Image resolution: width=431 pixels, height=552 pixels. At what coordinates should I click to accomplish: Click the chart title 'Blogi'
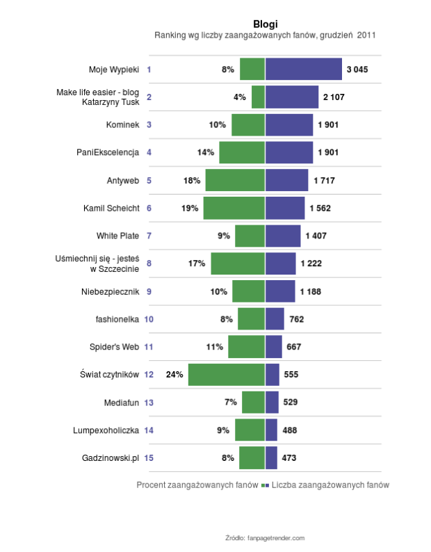266,24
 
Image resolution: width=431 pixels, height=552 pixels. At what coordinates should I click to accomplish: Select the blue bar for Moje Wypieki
304,70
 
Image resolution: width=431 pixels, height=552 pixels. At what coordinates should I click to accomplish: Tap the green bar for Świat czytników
227,374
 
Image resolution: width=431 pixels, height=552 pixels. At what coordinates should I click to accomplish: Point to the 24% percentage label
174,374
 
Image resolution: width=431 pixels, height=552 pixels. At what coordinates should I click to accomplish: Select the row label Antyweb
123,181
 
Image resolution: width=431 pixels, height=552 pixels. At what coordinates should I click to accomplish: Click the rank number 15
149,457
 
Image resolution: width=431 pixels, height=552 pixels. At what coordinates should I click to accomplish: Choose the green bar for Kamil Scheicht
234,208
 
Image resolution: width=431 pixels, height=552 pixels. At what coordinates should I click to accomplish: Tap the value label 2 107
334,97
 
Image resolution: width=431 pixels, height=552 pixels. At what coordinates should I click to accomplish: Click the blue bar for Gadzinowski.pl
272,457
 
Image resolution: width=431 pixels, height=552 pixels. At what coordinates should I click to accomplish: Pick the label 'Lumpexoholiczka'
106,430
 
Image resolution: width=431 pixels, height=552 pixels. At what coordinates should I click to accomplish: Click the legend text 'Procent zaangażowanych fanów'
198,485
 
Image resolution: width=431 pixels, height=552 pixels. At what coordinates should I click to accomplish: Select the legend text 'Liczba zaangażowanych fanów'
330,485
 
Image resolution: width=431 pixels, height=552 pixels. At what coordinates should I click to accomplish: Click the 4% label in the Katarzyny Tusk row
239,97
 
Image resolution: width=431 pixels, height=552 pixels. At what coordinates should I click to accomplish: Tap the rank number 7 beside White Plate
149,236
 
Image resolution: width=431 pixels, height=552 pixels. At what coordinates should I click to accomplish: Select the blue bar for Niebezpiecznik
280,291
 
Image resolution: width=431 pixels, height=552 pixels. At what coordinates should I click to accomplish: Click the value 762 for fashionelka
296,319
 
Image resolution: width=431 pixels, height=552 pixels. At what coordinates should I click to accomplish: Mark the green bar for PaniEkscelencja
242,152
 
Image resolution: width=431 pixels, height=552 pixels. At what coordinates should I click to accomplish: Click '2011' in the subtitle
367,35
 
